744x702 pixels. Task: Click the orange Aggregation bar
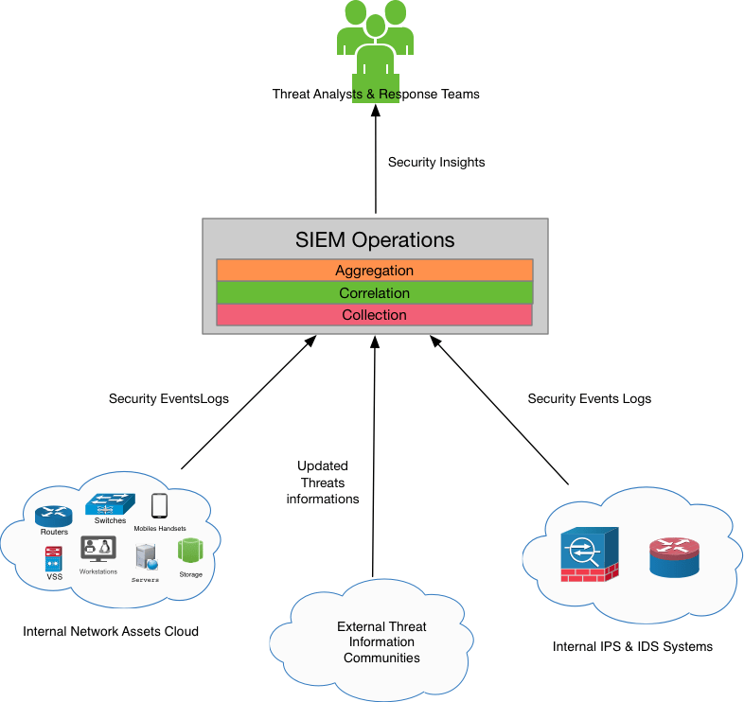click(x=375, y=271)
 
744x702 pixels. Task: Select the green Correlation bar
click(x=375, y=293)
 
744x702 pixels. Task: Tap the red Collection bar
click(x=375, y=315)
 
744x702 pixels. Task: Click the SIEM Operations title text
click(x=376, y=240)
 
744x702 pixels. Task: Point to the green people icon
click(x=376, y=43)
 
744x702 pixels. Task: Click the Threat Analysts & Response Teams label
click(x=376, y=95)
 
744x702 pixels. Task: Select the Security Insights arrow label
click(x=436, y=163)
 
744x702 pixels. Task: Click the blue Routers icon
click(x=53, y=516)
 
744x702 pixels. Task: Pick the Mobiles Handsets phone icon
click(x=159, y=507)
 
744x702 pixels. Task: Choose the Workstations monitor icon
click(x=97, y=549)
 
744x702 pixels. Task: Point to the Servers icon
click(x=145, y=557)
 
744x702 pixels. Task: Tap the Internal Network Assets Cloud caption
click(x=111, y=631)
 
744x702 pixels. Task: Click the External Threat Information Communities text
click(x=381, y=642)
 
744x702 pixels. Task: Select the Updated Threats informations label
click(x=323, y=483)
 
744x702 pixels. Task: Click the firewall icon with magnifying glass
click(x=588, y=553)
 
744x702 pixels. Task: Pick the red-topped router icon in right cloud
click(x=673, y=556)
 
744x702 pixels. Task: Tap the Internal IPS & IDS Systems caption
click(x=632, y=647)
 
